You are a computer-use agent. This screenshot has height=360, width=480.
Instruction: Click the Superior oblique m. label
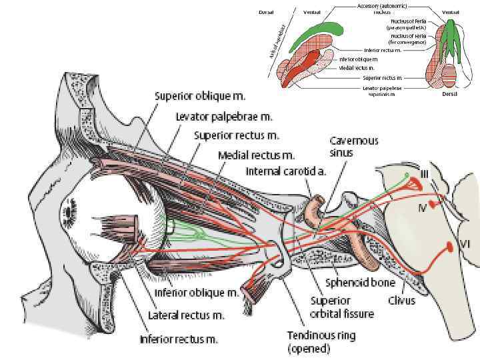193,95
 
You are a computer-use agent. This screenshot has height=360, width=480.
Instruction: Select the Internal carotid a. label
287,171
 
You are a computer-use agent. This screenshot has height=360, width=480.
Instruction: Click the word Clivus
401,300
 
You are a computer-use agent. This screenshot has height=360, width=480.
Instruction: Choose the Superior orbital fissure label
341,307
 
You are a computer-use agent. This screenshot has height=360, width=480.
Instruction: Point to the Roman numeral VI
465,244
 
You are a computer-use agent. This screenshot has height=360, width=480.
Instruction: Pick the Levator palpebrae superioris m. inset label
382,91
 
